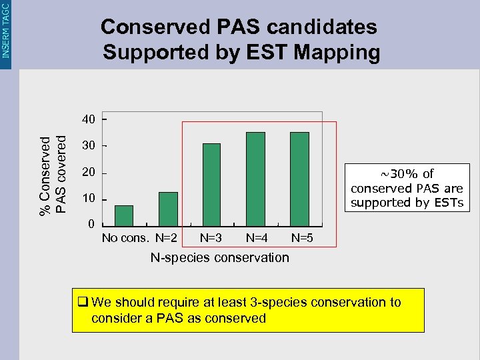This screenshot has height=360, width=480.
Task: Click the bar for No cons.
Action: click(x=124, y=216)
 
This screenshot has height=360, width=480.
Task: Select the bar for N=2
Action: click(x=168, y=209)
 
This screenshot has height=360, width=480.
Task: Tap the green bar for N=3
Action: click(x=211, y=185)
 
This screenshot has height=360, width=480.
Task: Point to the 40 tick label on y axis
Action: click(x=89, y=120)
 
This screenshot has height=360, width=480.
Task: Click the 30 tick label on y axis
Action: click(x=89, y=146)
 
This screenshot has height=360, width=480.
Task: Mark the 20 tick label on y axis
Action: click(x=89, y=173)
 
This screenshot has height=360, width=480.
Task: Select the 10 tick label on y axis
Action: click(x=89, y=199)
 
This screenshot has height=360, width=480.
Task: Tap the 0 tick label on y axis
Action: click(x=92, y=225)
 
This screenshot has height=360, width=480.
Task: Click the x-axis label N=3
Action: click(x=211, y=237)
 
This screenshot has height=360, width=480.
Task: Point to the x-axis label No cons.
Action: click(x=125, y=237)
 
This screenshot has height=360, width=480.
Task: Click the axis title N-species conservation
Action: click(x=219, y=257)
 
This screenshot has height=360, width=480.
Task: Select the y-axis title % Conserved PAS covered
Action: click(x=53, y=175)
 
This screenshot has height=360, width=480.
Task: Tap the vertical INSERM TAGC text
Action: click(x=6, y=29)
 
